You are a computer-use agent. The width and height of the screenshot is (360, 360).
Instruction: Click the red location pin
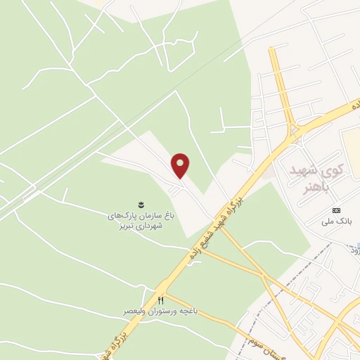tap(181, 165)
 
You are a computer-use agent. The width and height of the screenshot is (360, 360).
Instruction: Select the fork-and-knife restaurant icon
tap(161, 300)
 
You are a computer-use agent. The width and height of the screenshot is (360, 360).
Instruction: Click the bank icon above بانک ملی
tap(336, 211)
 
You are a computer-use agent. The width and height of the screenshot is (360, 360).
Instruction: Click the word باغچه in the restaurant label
tap(185, 310)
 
